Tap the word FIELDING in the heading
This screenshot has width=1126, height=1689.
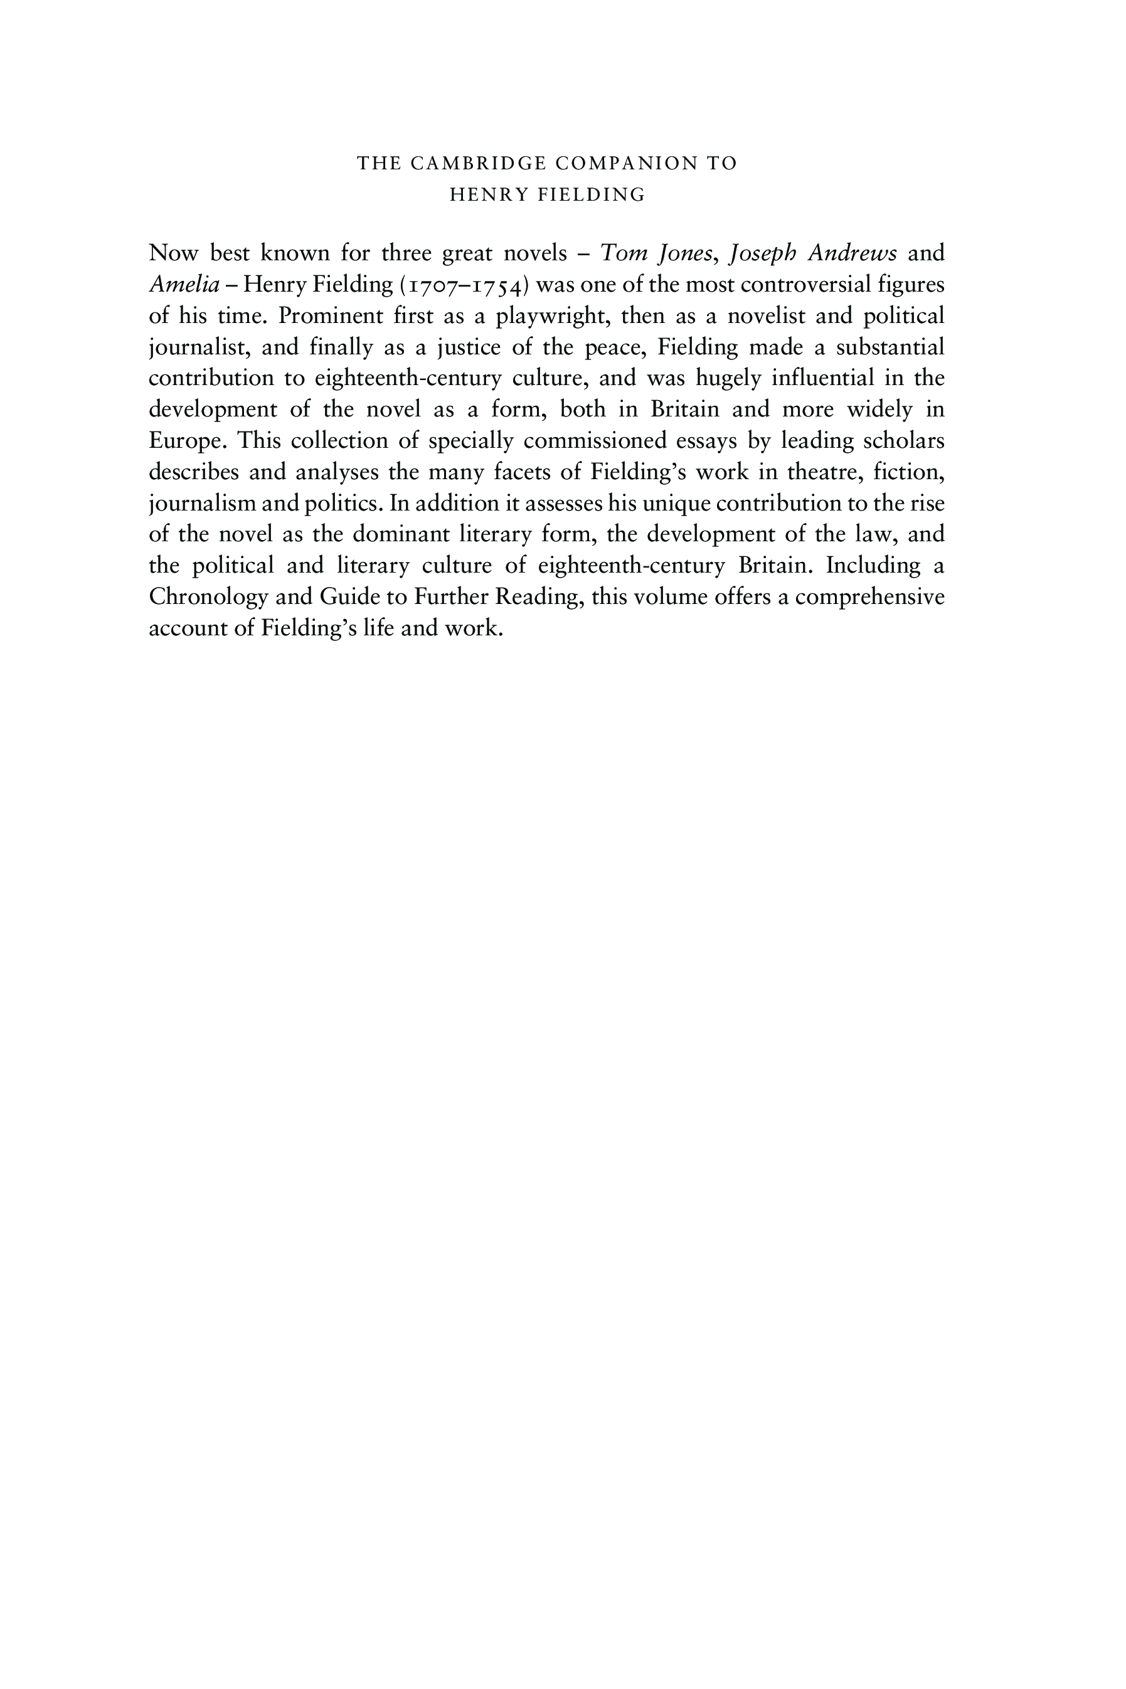click(592, 195)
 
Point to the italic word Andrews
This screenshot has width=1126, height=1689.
click(852, 253)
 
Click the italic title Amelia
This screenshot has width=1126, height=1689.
click(184, 285)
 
